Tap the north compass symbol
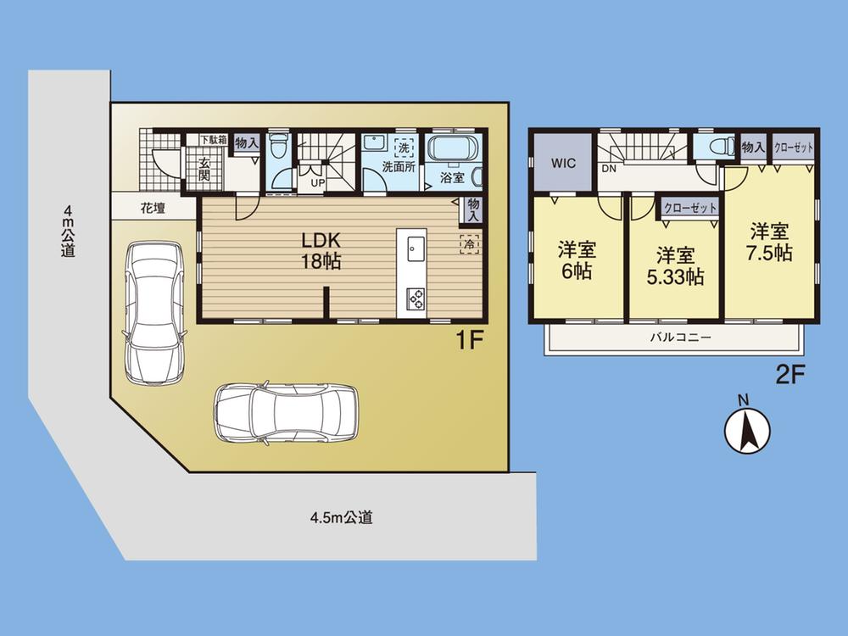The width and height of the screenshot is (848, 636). coord(746,430)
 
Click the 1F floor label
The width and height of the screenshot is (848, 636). coord(470,343)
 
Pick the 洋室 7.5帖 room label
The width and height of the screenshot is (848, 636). coord(769,243)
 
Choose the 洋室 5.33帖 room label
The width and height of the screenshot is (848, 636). coord(676,265)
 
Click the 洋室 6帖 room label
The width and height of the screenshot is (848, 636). coord(576,261)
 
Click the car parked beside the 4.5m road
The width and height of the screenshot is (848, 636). coord(286,412)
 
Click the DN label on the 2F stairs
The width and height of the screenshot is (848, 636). coord(609,169)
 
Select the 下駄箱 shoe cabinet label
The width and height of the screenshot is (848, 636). coord(213,140)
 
